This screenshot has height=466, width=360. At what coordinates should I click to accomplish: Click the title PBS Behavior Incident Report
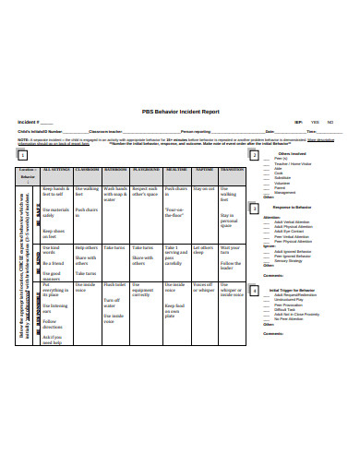pos(179,109)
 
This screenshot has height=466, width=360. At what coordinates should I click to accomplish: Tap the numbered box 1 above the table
pos(19,156)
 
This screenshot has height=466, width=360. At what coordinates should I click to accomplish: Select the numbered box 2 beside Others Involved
pos(253,155)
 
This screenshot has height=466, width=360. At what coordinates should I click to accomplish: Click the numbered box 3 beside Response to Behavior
pos(253,210)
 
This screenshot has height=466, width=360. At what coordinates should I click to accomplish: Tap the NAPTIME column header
pos(205,171)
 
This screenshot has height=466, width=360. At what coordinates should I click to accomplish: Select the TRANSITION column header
pos(232,171)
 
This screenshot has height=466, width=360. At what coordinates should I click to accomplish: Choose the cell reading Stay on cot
pos(204,187)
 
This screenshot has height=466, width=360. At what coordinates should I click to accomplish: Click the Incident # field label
pos(29,122)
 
